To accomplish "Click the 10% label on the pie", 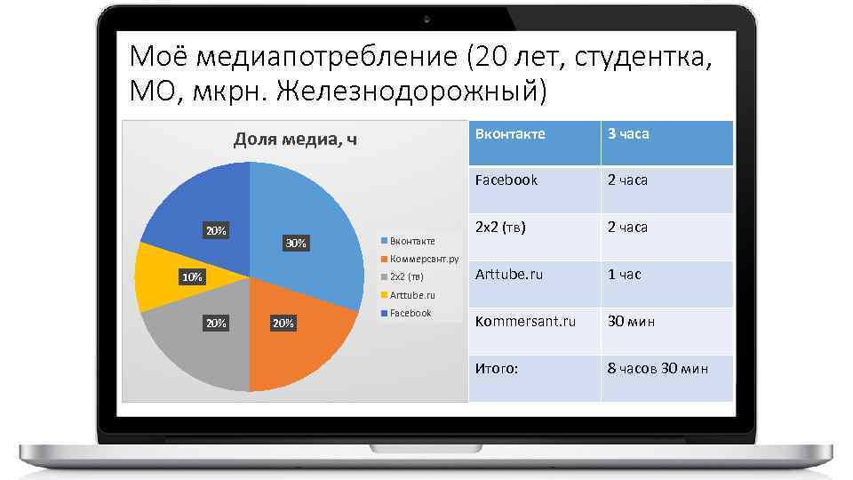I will coord(192,277).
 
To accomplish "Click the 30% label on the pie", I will coord(295,243).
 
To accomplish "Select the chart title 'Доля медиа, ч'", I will coord(295,140).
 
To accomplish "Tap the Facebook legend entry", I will coord(410,313).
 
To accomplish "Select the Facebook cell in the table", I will coord(506,180).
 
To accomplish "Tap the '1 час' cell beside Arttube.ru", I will coord(624,275).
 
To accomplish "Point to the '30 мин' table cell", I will coord(631,321).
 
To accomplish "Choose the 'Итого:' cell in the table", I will coord(497,368).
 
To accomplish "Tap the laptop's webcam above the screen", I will coord(426,19).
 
